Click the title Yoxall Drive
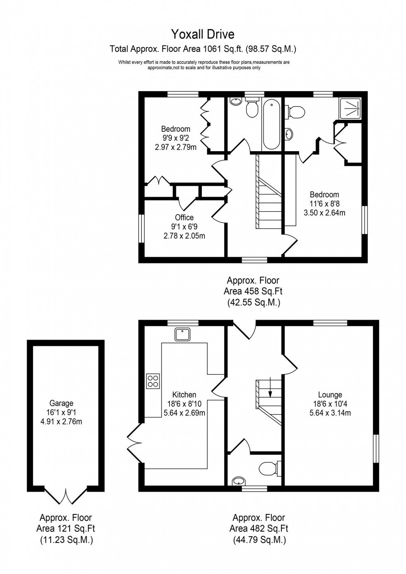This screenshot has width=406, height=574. tap(203, 34)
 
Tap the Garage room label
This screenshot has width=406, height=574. tap(61, 403)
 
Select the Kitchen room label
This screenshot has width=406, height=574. tap(184, 395)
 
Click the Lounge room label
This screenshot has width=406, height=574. tap(330, 395)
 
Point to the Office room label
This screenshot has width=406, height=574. tap(184, 217)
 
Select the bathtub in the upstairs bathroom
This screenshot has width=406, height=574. tap(272, 123)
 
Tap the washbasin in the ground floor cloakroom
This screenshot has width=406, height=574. tap(239, 481)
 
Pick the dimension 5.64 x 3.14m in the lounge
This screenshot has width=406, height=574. tap(330, 413)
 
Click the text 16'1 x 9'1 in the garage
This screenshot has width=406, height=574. tap(61, 412)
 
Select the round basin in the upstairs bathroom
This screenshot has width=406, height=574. tap(236, 101)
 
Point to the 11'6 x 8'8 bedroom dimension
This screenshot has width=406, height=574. tap(324, 204)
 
